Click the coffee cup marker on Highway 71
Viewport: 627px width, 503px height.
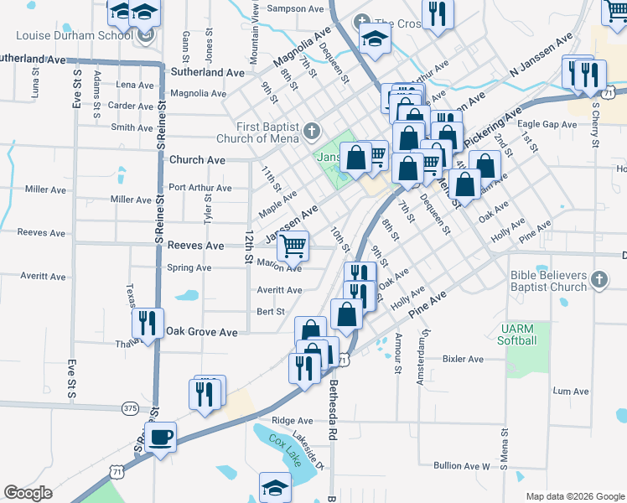click(x=160, y=437)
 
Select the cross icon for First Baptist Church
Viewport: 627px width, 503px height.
click(x=312, y=130)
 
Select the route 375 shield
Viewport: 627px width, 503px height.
click(x=130, y=407)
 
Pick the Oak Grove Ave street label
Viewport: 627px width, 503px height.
click(x=201, y=332)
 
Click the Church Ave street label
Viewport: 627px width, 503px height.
click(x=197, y=159)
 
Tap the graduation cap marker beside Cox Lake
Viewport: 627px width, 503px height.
click(x=275, y=486)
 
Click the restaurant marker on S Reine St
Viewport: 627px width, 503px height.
click(x=148, y=322)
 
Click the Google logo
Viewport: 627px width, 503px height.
click(x=28, y=493)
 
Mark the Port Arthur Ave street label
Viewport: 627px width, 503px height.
click(x=200, y=188)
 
